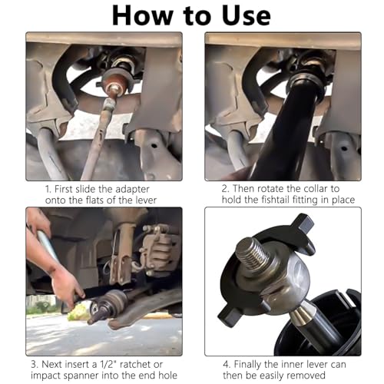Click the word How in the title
142,16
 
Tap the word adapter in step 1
132,190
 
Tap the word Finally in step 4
247,365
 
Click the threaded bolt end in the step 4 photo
250,252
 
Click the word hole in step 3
168,376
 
